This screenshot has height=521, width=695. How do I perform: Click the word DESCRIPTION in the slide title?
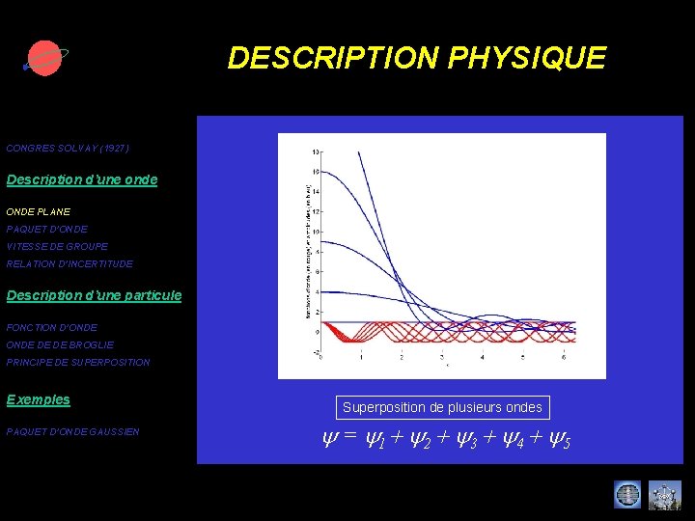[334, 58]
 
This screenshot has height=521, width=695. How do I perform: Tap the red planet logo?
[43, 58]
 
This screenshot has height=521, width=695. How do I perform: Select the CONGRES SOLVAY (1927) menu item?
[68, 149]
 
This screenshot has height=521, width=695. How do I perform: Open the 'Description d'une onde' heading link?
[82, 179]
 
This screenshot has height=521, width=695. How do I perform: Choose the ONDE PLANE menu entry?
[39, 211]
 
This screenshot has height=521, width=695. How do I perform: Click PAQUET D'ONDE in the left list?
[47, 229]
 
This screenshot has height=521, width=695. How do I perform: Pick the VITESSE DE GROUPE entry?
[57, 246]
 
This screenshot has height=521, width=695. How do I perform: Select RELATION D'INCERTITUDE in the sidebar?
[69, 263]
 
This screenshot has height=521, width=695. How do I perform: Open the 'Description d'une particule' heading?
[94, 294]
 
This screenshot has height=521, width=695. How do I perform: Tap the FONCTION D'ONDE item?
[52, 327]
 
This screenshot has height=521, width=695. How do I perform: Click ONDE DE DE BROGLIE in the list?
[60, 344]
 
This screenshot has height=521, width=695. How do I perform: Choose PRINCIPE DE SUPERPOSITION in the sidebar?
[78, 362]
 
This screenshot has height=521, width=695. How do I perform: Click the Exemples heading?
[39, 399]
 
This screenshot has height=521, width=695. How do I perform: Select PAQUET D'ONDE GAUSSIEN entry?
[73, 431]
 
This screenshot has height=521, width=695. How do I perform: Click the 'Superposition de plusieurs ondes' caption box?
[442, 407]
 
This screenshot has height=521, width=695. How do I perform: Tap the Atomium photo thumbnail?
[664, 495]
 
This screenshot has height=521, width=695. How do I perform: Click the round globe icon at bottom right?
[627, 495]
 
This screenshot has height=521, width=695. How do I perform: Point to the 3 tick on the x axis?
[442, 358]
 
